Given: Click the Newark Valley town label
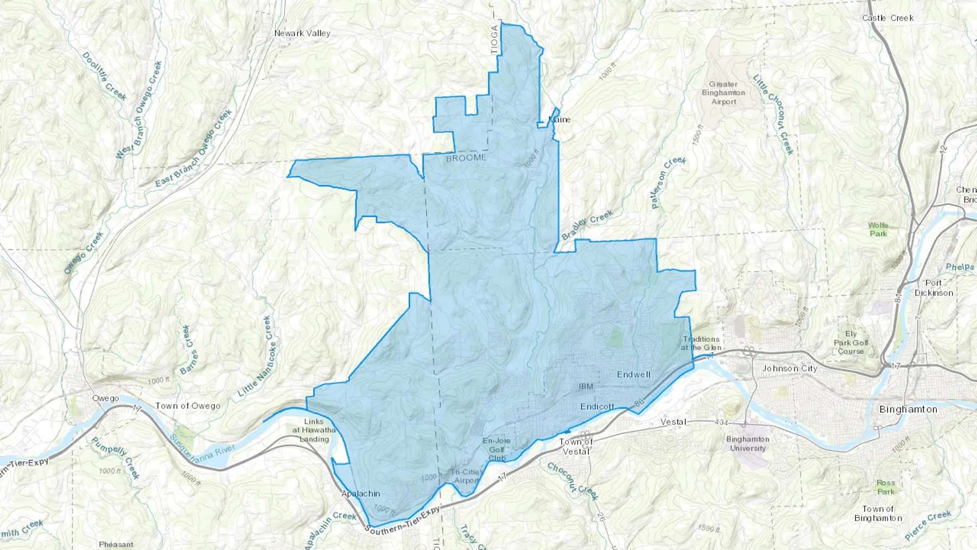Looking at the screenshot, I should [302, 33].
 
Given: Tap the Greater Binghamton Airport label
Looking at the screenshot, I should [724, 93].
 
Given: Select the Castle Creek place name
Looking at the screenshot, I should [887, 18].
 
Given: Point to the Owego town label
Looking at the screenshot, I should [105, 398].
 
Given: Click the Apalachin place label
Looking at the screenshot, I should [360, 494].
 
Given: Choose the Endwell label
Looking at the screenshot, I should [633, 375].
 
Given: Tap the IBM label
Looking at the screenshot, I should [586, 387].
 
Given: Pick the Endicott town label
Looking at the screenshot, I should [597, 406].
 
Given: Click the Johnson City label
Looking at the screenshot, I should [789, 368].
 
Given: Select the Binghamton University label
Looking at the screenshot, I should [747, 444].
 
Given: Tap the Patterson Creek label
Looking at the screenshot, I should [668, 182].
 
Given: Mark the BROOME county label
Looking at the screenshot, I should [466, 158].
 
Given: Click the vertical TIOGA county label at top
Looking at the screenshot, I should [494, 40].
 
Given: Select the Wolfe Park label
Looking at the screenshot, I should [878, 229].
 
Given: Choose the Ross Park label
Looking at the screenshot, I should [885, 487].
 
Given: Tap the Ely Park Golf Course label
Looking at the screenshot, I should [851, 343].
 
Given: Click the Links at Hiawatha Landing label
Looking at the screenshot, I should [314, 430].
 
